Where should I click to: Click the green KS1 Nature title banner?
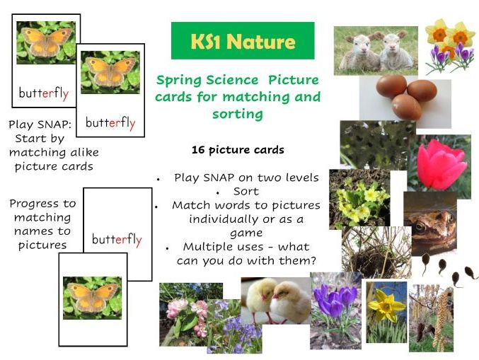click(x=242, y=41)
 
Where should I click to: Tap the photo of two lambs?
click(x=375, y=50)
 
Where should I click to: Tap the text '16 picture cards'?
click(x=238, y=150)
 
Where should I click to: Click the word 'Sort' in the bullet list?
click(x=246, y=192)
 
